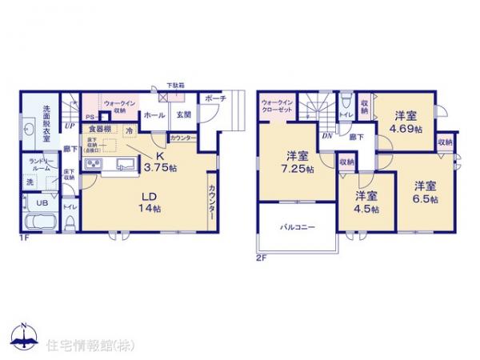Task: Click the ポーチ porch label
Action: pyautogui.click(x=215, y=98)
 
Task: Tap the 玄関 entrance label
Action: pyautogui.click(x=183, y=114)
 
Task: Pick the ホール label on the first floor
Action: pyautogui.click(x=156, y=115)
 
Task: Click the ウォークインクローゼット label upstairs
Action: pyautogui.click(x=278, y=107)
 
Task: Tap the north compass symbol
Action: pyautogui.click(x=23, y=336)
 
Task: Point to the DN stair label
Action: pyautogui.click(x=326, y=135)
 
